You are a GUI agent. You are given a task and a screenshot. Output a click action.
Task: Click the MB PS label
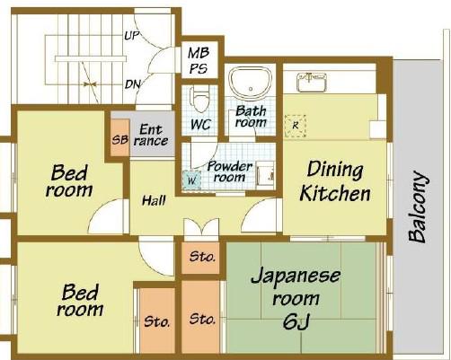(199, 61)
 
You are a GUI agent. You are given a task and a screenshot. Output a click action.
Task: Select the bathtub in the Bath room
(251, 82)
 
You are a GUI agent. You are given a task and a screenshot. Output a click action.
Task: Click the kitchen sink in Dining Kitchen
(312, 82)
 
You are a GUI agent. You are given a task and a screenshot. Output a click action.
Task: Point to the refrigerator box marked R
(295, 126)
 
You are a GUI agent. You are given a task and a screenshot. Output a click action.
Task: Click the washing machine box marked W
(191, 180)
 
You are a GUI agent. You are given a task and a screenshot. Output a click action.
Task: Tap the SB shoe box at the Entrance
(119, 137)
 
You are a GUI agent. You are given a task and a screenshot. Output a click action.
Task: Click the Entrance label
(151, 136)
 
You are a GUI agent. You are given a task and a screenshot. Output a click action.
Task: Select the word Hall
(154, 201)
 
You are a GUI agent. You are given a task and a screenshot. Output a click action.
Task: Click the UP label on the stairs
(132, 36)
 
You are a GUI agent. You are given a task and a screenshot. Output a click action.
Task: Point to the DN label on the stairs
(132, 84)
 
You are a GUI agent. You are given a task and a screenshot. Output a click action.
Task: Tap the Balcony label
(418, 206)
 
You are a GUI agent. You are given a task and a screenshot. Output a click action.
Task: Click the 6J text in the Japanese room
(296, 322)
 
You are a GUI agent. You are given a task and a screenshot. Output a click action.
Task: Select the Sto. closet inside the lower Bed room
(157, 320)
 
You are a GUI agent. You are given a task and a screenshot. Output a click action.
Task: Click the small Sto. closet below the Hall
(200, 258)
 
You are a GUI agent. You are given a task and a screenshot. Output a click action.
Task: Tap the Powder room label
(229, 171)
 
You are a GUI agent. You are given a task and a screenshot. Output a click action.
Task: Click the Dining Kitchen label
(335, 180)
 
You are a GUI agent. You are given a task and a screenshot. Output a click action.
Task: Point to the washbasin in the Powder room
(266, 175)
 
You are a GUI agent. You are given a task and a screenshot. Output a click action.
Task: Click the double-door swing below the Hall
(201, 229)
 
